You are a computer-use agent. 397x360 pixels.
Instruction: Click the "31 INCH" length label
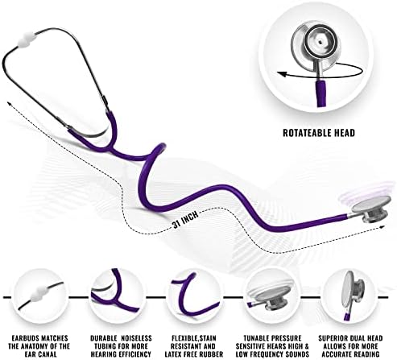(x=186, y=219)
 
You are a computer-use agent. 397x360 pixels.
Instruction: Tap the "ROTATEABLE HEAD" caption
(x=319, y=133)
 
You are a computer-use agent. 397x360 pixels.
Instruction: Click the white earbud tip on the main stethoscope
(x=27, y=38)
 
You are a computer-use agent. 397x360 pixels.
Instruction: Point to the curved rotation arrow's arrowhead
(x=281, y=74)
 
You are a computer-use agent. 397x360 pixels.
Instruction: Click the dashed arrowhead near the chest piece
(x=382, y=227)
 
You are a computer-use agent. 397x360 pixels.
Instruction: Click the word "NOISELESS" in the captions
(x=136, y=338)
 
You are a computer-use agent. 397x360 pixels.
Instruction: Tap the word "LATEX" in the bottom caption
(x=175, y=354)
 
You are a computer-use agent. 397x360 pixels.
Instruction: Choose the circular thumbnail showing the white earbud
(x=41, y=296)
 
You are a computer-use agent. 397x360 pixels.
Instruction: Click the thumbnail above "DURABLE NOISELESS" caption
(x=117, y=296)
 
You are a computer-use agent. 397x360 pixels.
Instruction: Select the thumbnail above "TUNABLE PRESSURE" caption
(x=272, y=296)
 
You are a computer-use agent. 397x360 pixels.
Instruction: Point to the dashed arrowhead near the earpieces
(x=10, y=103)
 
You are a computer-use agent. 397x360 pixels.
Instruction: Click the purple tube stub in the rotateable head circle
(x=320, y=93)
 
